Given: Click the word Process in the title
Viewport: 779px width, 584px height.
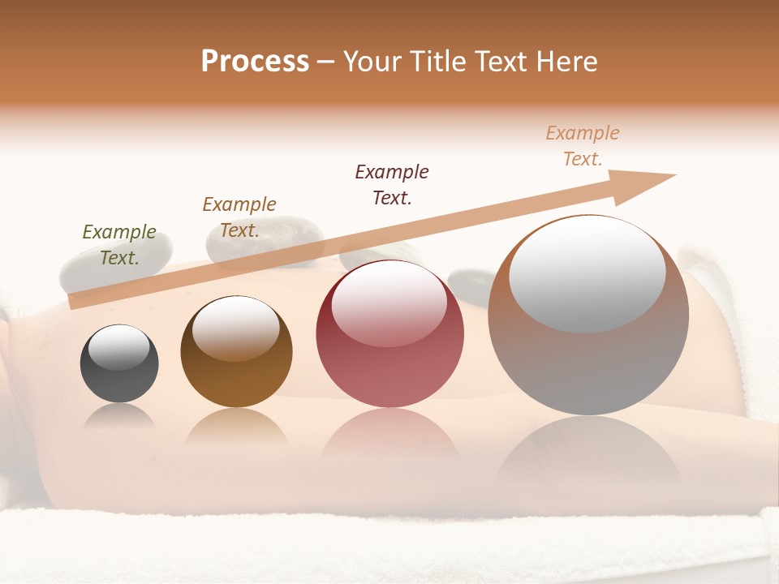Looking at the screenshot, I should [255, 62].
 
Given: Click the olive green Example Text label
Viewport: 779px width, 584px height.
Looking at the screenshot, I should [119, 245].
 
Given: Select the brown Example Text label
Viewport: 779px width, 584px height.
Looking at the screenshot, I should [239, 217].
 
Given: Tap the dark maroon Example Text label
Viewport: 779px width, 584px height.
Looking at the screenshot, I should [392, 185].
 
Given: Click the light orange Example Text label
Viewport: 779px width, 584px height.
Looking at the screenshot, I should [583, 146].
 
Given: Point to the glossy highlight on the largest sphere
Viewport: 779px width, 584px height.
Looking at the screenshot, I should [587, 272].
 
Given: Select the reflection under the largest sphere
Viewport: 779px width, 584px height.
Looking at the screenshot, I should [587, 454].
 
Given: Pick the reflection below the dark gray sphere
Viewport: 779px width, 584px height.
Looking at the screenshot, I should [119, 417].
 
